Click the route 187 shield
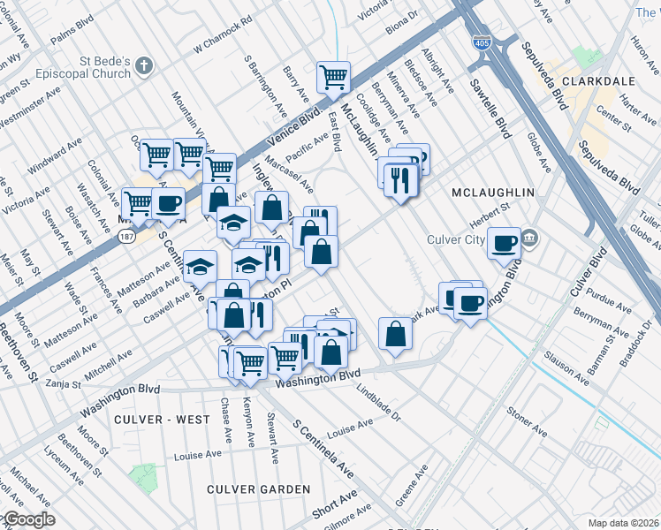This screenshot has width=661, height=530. (x=129, y=236)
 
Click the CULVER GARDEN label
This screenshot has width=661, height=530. (x=258, y=488)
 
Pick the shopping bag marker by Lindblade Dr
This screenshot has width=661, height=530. (x=395, y=335)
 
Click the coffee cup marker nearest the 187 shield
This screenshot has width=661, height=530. (x=168, y=203)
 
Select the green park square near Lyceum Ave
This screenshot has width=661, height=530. (x=141, y=477)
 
